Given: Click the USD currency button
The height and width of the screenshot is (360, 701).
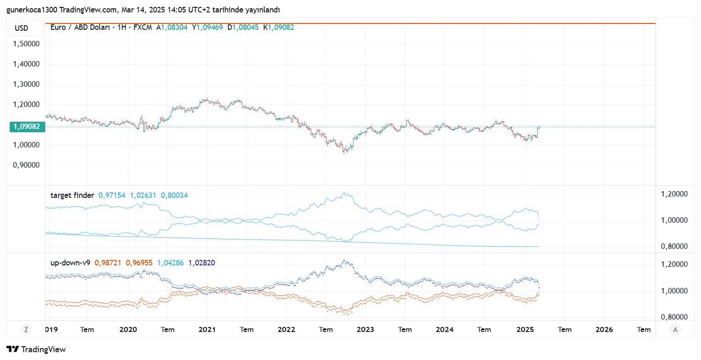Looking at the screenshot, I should (x=22, y=28).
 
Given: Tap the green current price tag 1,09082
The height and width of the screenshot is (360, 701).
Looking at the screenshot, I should (x=27, y=127).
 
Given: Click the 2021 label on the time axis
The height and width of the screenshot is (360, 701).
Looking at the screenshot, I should (x=207, y=329).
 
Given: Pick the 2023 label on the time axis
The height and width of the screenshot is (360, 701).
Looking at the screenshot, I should (x=365, y=329).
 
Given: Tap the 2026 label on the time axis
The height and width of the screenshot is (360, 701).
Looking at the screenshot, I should (x=604, y=329).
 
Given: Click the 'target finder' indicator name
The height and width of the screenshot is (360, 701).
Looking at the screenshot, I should (x=72, y=195).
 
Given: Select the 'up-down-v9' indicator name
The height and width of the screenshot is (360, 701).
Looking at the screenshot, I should (x=70, y=263).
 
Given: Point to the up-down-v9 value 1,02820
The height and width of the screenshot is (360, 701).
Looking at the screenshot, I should (x=202, y=263).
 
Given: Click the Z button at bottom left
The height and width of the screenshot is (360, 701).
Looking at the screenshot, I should (x=26, y=329).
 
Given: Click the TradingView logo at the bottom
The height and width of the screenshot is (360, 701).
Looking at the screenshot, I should (x=36, y=349).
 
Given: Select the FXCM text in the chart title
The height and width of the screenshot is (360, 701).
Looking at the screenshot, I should (x=143, y=28).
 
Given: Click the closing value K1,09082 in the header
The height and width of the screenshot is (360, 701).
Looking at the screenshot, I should (x=279, y=28).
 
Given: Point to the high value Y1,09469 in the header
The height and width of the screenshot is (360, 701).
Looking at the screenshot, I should (x=207, y=28).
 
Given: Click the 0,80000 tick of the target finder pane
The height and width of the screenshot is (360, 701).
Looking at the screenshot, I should (x=674, y=247).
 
